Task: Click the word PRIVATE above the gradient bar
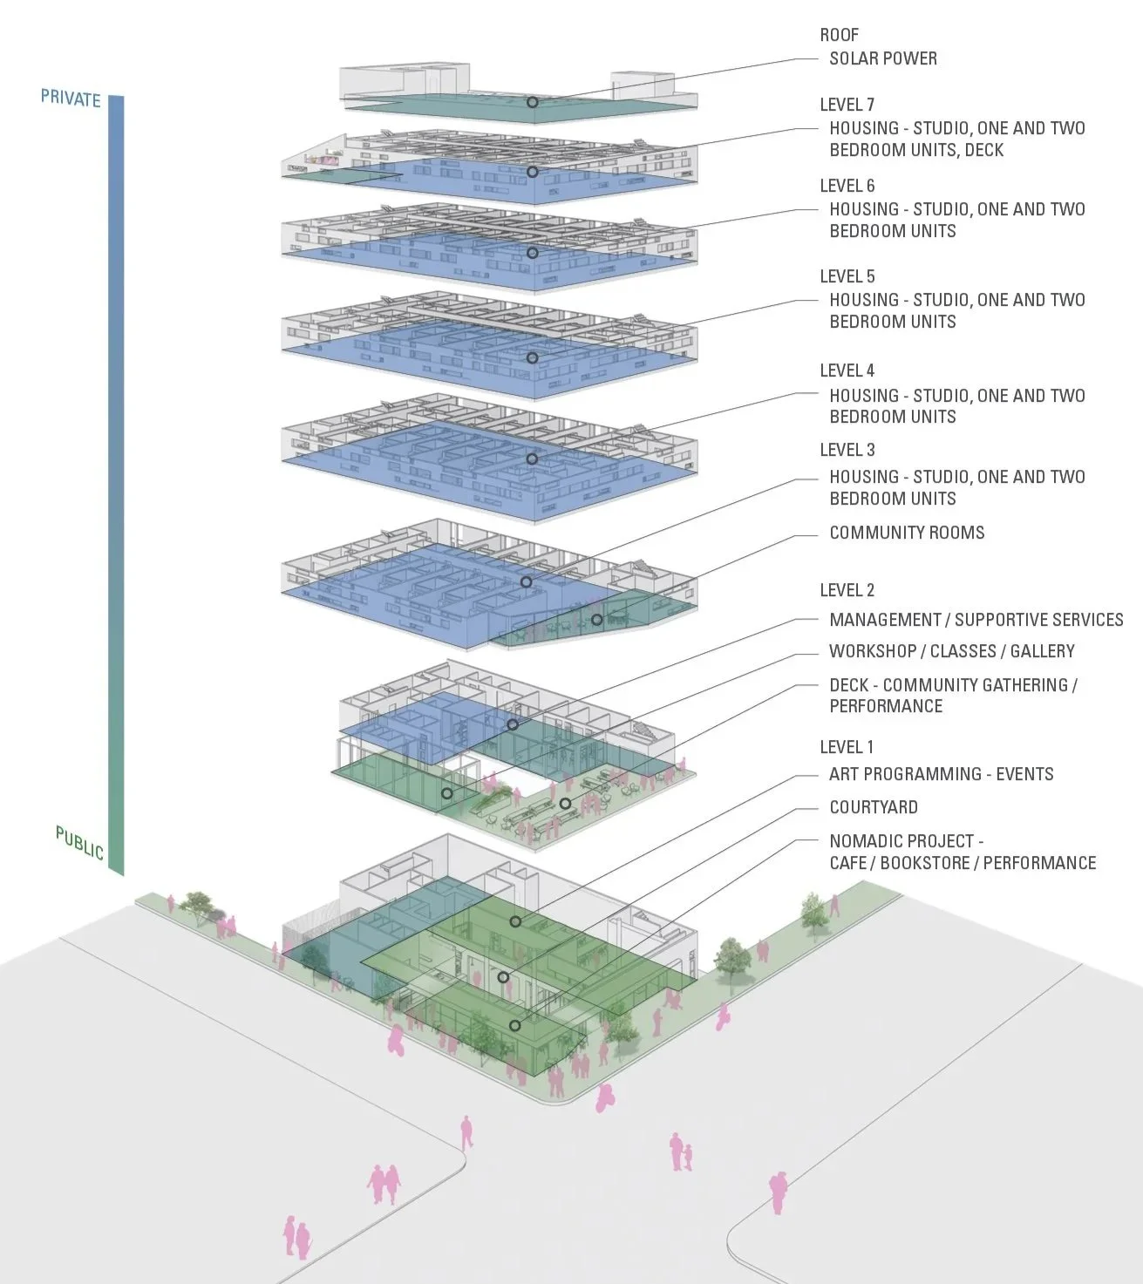click(x=71, y=98)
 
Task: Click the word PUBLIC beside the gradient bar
click(x=79, y=842)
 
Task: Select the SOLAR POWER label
click(x=882, y=58)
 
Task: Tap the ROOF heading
click(x=839, y=35)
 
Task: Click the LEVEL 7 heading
click(x=847, y=105)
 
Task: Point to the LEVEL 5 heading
click(x=847, y=276)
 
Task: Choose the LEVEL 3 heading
click(x=847, y=450)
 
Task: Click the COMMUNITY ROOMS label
click(x=907, y=533)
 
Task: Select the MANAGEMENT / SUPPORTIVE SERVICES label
click(x=976, y=620)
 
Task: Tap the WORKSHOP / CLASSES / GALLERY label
click(x=951, y=651)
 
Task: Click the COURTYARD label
click(x=873, y=807)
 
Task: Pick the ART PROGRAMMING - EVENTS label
click(x=941, y=774)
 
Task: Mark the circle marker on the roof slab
click(x=532, y=102)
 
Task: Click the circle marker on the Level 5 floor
click(x=532, y=357)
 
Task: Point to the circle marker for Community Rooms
click(x=596, y=620)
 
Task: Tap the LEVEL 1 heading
click(x=846, y=747)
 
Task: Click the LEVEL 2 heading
click(x=847, y=590)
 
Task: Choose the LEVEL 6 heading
click(x=847, y=186)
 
